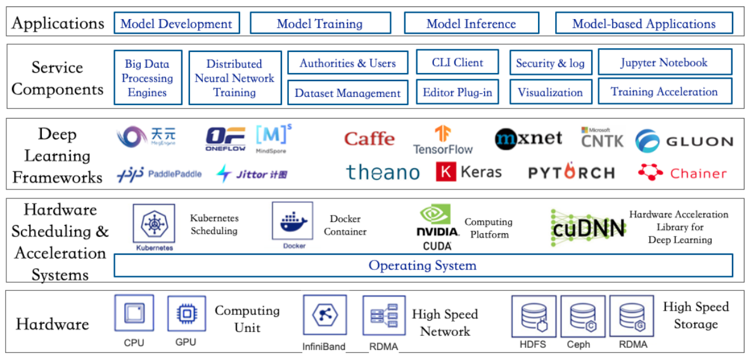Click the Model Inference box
point(471,24)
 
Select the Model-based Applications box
point(643,24)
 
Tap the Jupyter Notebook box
point(664,63)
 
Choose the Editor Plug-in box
point(457,93)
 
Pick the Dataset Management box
point(347,93)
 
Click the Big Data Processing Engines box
point(148,78)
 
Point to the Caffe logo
point(369,139)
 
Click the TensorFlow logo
point(443,140)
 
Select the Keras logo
point(468,172)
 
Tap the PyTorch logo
point(571,172)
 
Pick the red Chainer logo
point(682,172)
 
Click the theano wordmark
point(382,172)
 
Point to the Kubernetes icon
point(153,224)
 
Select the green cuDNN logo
point(587,228)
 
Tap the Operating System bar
point(423,266)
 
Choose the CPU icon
point(134,313)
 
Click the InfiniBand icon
point(324,315)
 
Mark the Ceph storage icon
point(582,316)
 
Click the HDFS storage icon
point(533,316)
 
